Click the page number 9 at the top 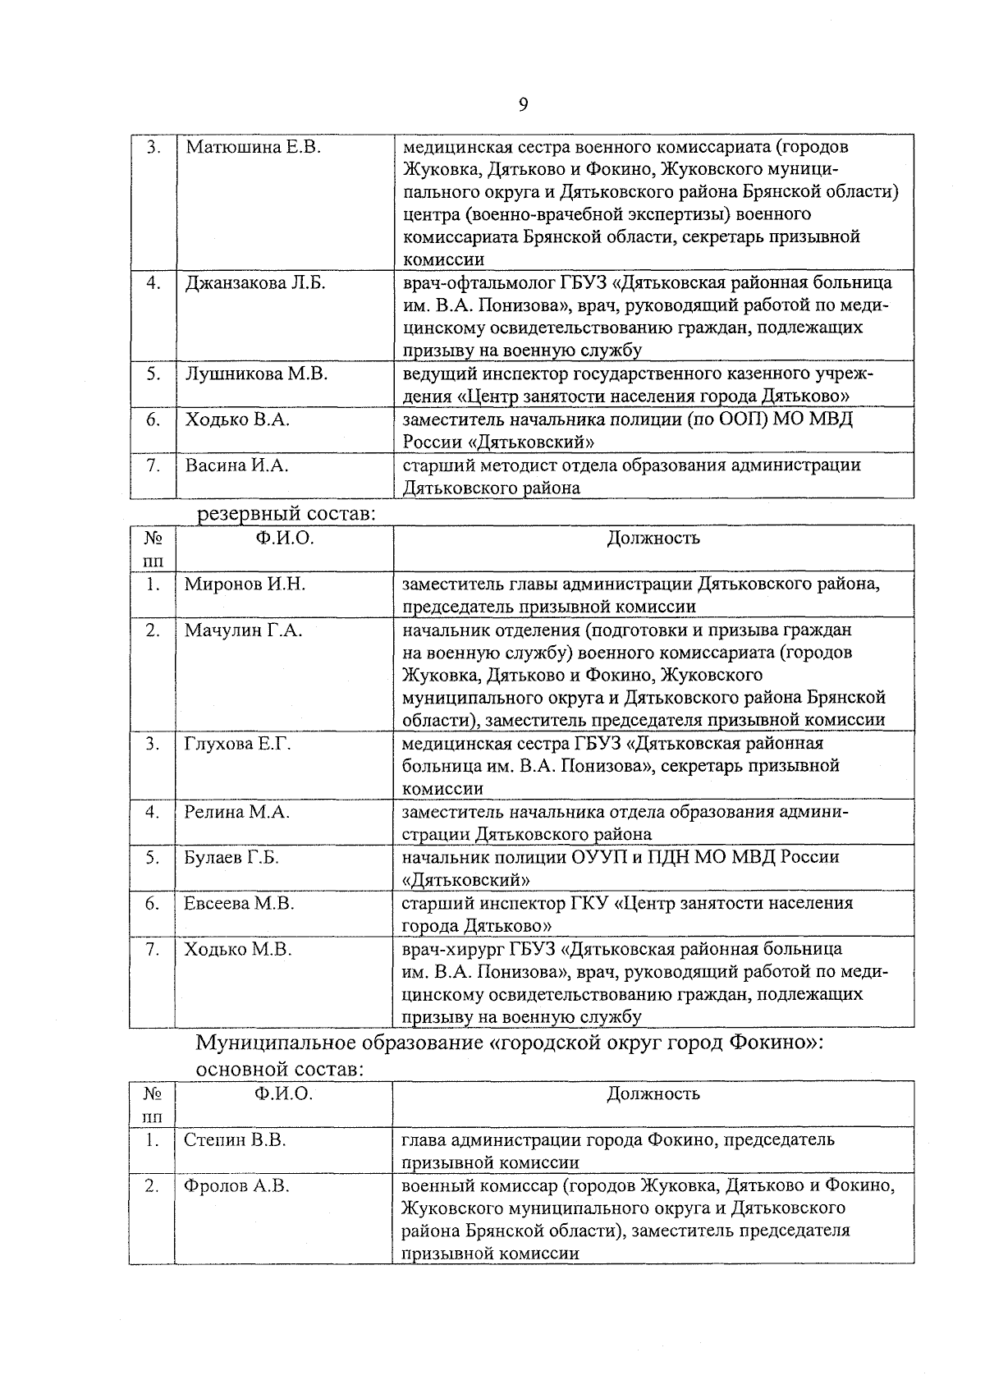523,104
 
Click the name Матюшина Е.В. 252,148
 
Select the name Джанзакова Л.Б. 255,283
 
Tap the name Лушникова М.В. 256,374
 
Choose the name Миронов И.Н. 245,584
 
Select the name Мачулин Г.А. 243,630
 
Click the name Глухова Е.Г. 237,744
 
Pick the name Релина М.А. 237,812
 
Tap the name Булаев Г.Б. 231,857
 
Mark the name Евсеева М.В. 239,904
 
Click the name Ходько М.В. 238,950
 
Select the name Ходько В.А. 236,420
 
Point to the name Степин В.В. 235,1140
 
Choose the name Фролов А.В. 236,1186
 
